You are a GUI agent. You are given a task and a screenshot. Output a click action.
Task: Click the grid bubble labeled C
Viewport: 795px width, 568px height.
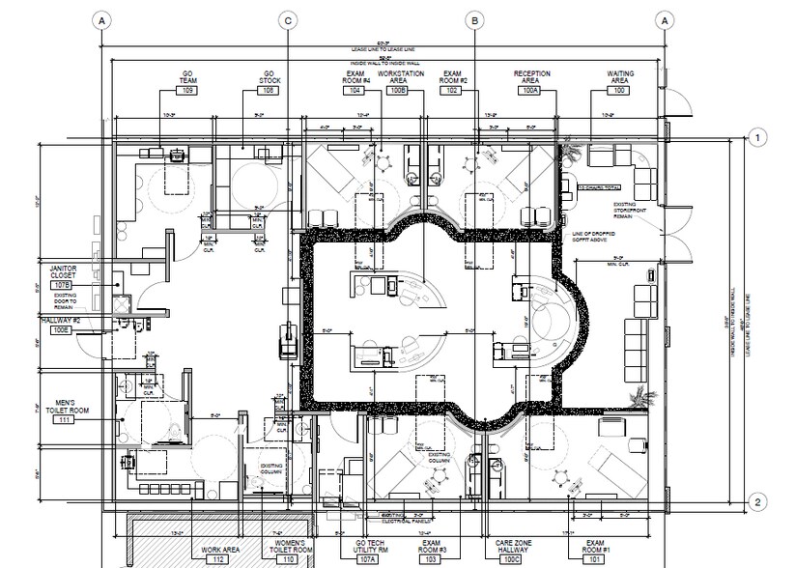pyautogui.click(x=287, y=19)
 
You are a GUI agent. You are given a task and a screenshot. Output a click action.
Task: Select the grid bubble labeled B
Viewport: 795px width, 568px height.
pyautogui.click(x=474, y=19)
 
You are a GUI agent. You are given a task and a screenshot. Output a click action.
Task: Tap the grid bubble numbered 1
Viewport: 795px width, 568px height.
pyautogui.click(x=759, y=138)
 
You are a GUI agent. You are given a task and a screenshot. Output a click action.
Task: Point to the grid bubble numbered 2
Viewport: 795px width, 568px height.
pyautogui.click(x=759, y=501)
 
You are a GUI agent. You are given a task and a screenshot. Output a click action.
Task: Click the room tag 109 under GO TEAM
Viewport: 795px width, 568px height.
pyautogui.click(x=188, y=89)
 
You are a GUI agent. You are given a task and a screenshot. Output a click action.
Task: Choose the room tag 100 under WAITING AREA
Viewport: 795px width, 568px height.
pyautogui.click(x=619, y=89)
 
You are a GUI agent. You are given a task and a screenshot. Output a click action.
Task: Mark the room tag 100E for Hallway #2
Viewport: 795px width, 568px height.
pyautogui.click(x=62, y=330)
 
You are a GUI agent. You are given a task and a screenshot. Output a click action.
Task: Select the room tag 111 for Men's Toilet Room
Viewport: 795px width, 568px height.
pyautogui.click(x=65, y=420)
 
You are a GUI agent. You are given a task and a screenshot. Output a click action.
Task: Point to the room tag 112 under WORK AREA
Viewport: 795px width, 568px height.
pyautogui.click(x=219, y=558)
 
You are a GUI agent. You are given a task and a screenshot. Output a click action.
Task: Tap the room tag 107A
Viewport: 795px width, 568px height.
pyautogui.click(x=367, y=558)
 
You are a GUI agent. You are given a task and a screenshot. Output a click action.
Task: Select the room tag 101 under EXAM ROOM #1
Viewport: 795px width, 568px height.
pyautogui.click(x=595, y=558)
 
